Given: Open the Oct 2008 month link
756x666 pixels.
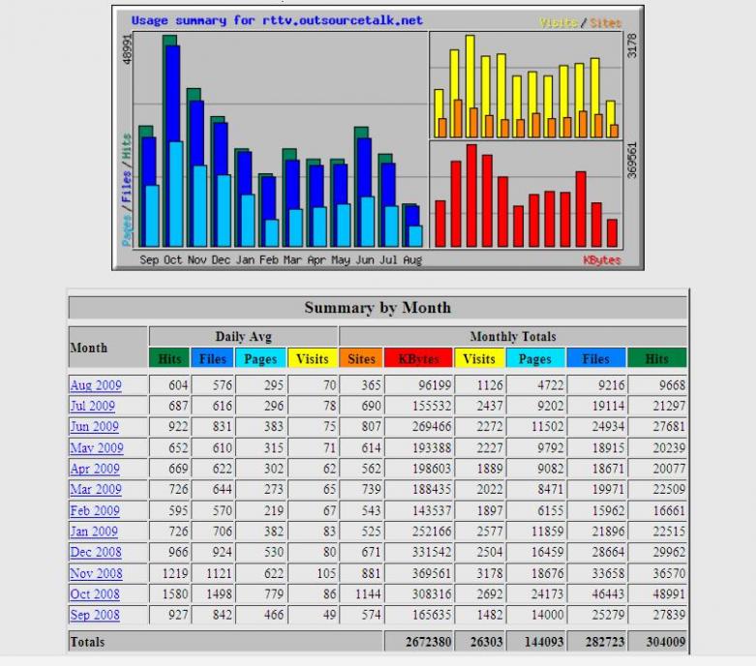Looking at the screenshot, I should [x=95, y=593].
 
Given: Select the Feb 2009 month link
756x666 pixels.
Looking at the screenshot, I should [x=95, y=510].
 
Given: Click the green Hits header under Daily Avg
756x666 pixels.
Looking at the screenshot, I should [x=169, y=358].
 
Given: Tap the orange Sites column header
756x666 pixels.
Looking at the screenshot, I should [x=361, y=358].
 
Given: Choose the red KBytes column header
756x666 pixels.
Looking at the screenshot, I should [x=419, y=358].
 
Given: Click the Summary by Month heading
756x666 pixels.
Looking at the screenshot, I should [x=378, y=308].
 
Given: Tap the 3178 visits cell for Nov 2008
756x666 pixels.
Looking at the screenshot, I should [x=479, y=573].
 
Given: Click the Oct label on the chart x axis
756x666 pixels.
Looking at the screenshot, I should [x=172, y=259].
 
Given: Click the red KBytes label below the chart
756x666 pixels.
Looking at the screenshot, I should [x=601, y=259].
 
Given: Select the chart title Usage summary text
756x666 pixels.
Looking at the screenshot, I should [x=277, y=20].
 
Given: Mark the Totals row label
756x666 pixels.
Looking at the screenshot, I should [x=87, y=642].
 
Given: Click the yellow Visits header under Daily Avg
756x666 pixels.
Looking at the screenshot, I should [x=312, y=358].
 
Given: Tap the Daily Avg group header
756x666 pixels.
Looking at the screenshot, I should [x=242, y=337].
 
